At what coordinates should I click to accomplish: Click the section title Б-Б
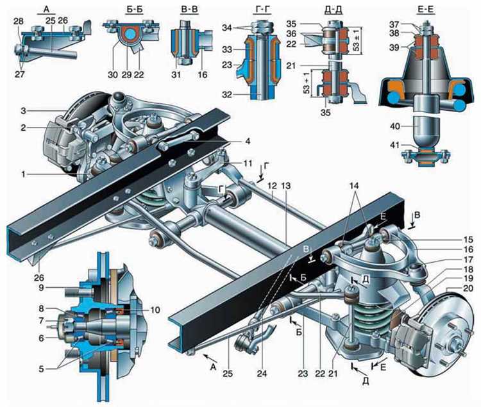(135, 10)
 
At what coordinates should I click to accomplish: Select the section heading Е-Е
(426, 10)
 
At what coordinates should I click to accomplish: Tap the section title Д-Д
(333, 10)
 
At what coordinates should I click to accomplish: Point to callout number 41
(396, 145)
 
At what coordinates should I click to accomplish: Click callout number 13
(287, 186)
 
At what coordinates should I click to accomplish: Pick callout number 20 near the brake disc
(468, 288)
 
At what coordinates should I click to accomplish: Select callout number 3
(24, 111)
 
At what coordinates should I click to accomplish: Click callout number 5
(42, 369)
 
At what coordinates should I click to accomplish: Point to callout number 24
(262, 374)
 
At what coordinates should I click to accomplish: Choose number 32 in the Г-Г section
(227, 95)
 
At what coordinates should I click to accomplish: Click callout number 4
(248, 141)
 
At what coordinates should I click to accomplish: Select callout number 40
(396, 126)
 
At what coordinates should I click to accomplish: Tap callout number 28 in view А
(19, 21)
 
